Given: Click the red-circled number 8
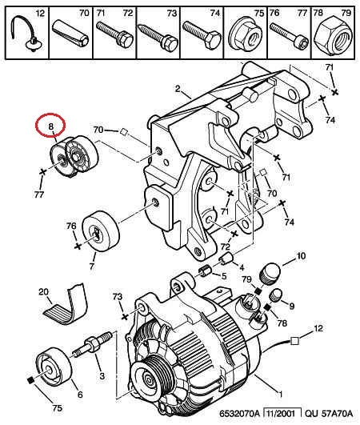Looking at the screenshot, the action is pos(50,126).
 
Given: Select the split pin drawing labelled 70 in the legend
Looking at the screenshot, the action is pos(71,33).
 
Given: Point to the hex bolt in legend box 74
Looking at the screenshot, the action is pos(202,34).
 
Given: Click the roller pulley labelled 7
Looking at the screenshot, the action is pos(101,231).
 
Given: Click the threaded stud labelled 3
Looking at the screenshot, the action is pos(92,345).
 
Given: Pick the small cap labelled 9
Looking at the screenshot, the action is pos(276,295).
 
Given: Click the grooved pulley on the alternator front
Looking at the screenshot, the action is pos(154,377).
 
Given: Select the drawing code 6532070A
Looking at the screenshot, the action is pos(239,414).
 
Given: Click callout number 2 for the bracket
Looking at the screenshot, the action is pos(178,89).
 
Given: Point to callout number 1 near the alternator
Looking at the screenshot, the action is pos(281,394).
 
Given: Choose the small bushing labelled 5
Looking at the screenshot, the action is pos(205,271).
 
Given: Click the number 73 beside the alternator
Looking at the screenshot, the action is pos(118,297).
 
